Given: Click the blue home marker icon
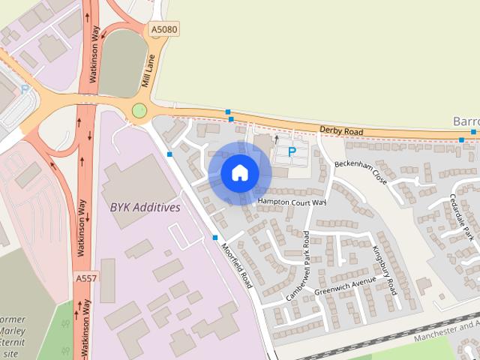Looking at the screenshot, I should coord(239,172).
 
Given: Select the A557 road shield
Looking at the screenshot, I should coord(85,278).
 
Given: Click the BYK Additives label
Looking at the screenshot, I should coord(145,207).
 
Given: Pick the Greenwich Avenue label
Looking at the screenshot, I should coord(345,285).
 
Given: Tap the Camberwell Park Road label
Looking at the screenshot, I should coord(297,268).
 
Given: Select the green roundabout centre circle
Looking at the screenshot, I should coord(139,111).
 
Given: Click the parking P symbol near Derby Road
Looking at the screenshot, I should coord(292,151).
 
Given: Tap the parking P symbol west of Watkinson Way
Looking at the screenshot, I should coord(25,88).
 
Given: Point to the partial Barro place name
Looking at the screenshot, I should coord(466,121).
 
